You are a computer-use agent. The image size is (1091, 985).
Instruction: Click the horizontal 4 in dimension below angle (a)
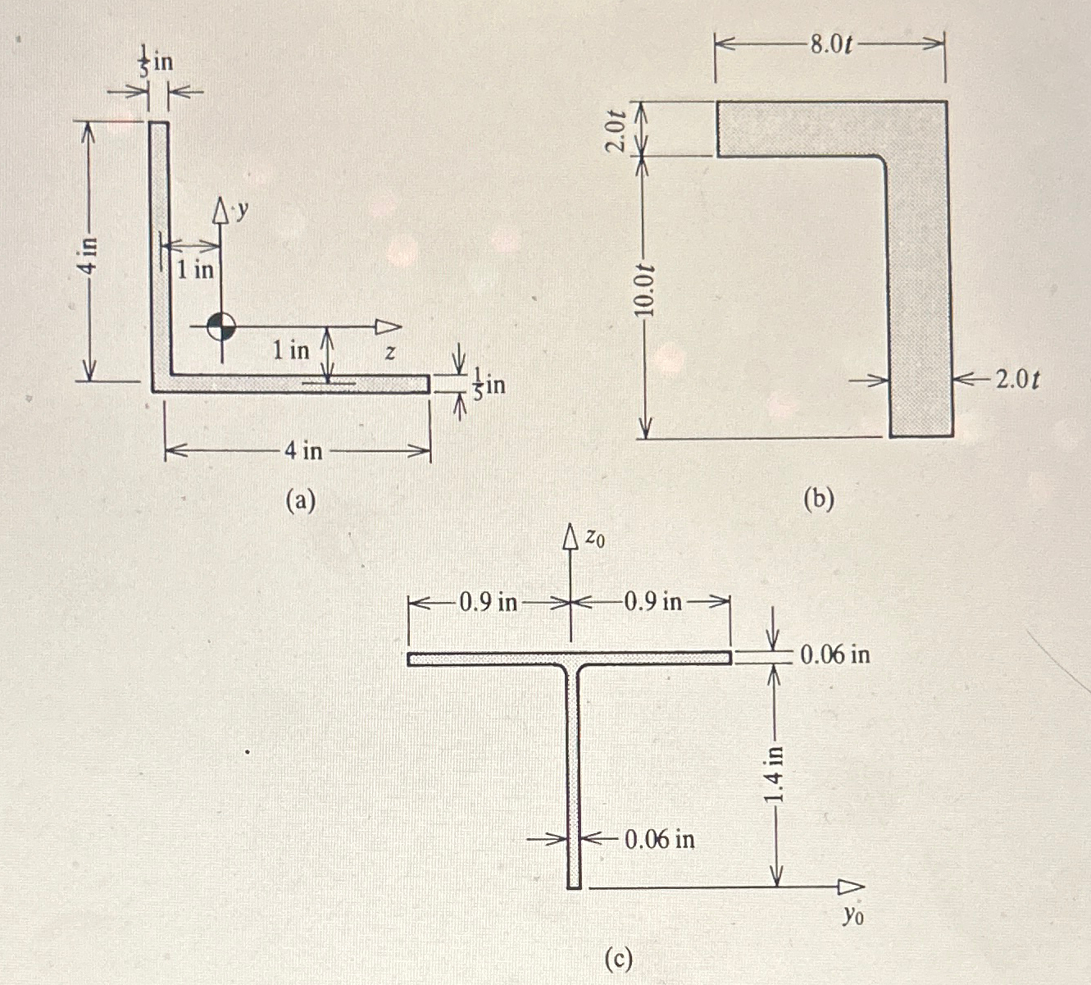click(303, 450)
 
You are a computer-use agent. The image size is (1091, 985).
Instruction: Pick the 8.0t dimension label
click(831, 44)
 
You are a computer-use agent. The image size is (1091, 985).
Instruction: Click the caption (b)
click(818, 499)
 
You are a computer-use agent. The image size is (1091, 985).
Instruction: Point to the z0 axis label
click(596, 538)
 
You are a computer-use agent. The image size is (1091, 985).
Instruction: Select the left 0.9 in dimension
click(489, 603)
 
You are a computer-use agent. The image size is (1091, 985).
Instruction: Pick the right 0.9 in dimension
click(653, 603)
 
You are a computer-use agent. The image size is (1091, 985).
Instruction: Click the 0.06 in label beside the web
click(660, 839)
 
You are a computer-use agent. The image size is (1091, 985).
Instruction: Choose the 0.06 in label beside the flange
click(834, 654)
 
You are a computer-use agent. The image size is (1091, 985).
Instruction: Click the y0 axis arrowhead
click(851, 887)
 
